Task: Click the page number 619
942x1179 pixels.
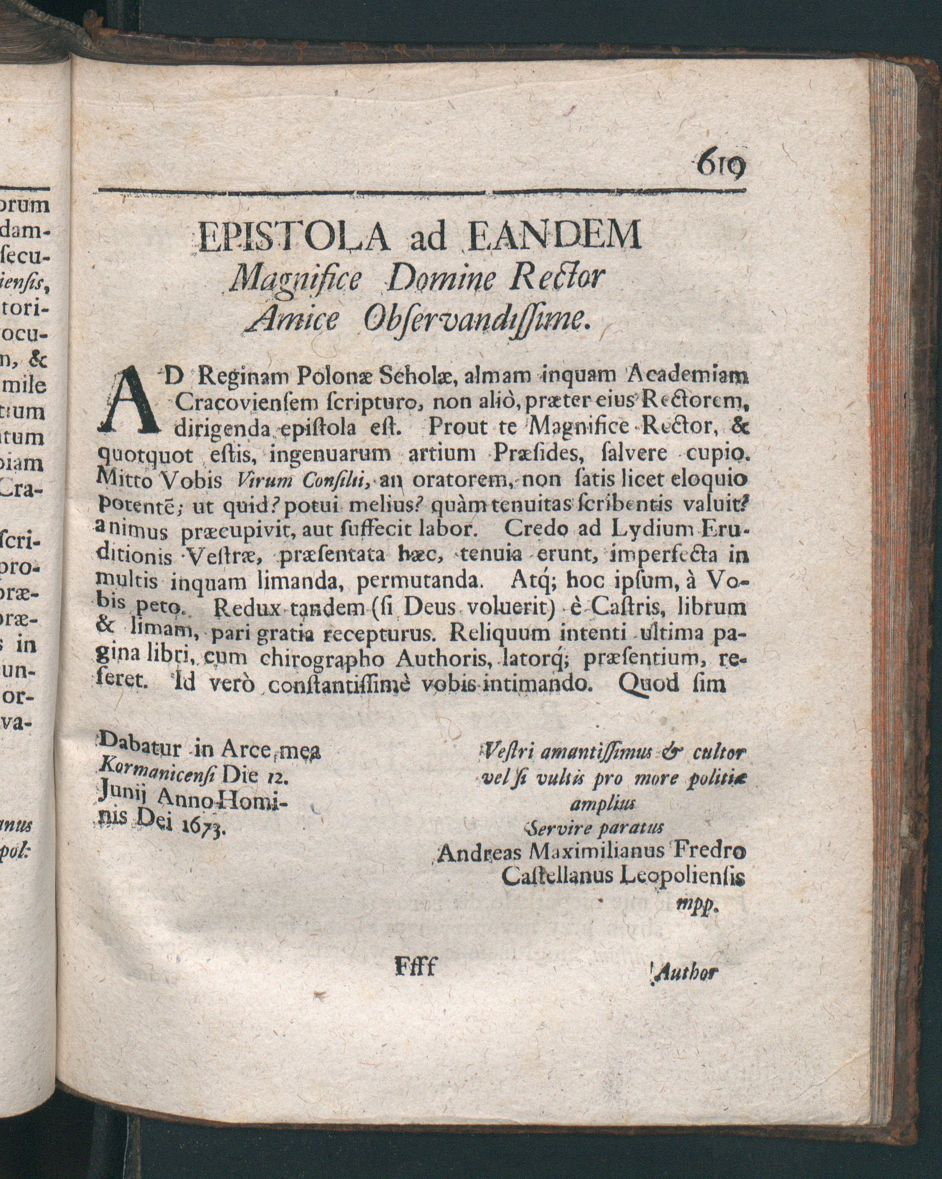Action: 721,163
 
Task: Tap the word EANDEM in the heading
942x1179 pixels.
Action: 555,236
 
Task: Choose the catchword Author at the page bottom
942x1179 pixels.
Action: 687,972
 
